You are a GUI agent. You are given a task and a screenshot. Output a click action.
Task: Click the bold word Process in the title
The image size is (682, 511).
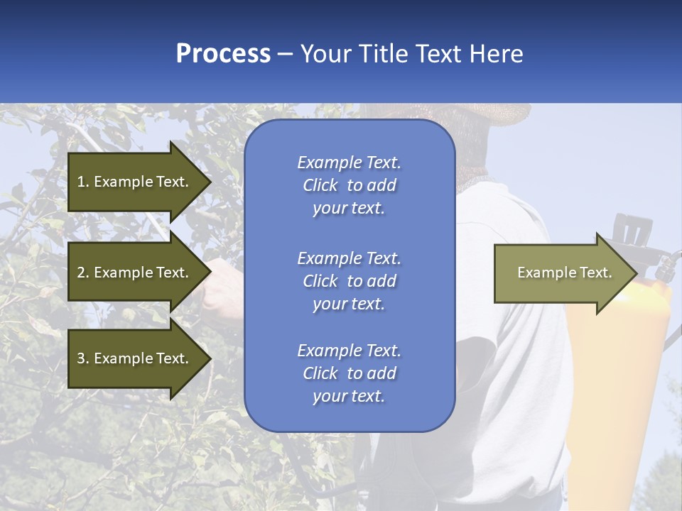click(223, 54)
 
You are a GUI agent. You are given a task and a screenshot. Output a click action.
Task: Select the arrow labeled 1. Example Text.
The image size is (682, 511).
click(135, 182)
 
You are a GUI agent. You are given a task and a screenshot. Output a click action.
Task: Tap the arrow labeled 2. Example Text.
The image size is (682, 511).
click(135, 273)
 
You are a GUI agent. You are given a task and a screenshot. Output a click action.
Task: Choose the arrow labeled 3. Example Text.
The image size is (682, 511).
click(135, 358)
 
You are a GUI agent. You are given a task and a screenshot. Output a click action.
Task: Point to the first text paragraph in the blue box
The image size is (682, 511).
click(349, 185)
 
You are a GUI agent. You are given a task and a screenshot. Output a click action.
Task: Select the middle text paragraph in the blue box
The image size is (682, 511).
click(349, 281)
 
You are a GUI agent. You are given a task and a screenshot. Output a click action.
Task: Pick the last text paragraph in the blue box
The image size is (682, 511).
click(349, 373)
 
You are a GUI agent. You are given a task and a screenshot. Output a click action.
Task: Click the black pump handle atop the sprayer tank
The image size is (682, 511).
click(632, 230)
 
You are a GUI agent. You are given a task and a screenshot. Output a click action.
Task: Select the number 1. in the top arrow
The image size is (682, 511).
click(83, 182)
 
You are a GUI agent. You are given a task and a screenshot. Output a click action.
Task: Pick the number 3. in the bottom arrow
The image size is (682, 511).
click(83, 358)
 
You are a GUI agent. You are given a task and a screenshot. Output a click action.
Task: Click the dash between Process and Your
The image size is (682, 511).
click(286, 54)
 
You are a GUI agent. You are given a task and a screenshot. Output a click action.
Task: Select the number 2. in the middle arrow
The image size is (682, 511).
click(83, 273)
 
